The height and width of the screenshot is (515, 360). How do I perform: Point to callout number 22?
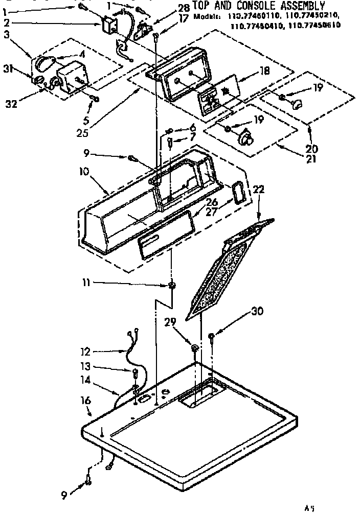pyautogui.click(x=259, y=190)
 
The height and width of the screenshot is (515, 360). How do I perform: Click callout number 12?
pyautogui.click(x=85, y=352)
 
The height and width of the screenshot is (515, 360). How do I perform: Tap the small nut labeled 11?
pyautogui.click(x=172, y=285)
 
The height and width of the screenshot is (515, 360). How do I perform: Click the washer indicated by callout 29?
pyautogui.click(x=195, y=348)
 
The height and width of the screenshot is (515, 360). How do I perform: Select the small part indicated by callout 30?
pyautogui.click(x=211, y=336)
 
